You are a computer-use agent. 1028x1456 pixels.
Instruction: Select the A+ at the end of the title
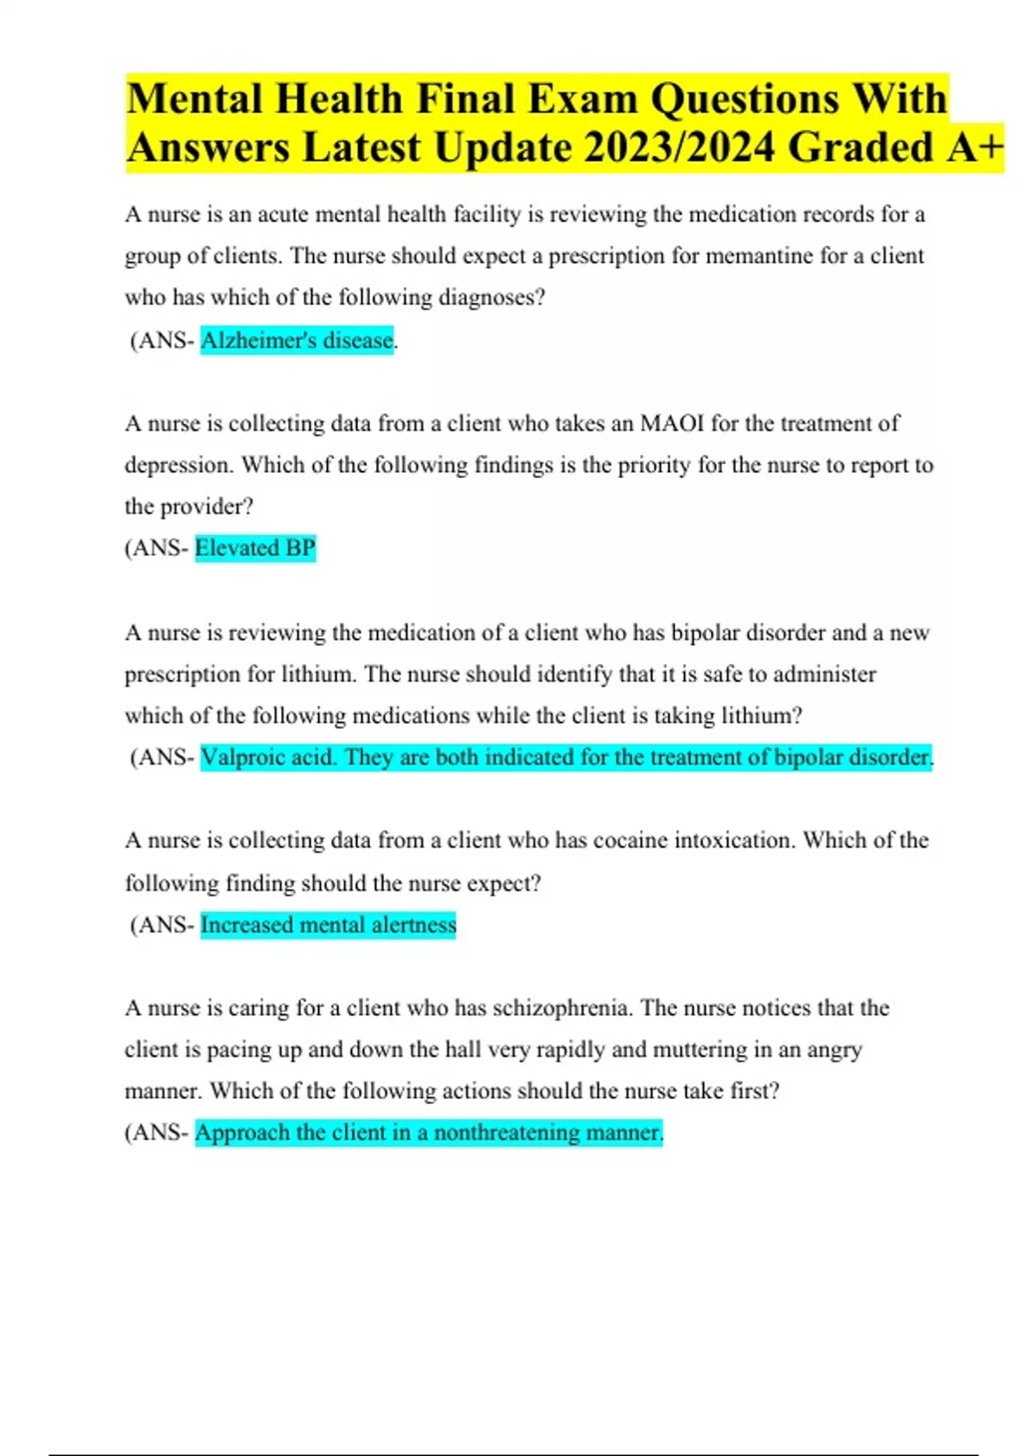pyautogui.click(x=976, y=146)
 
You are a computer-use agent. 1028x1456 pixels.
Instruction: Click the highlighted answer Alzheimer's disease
pyautogui.click(x=296, y=340)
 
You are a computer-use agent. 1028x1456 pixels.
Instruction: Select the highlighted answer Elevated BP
pyautogui.click(x=255, y=548)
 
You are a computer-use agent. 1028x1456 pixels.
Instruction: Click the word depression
pyautogui.click(x=178, y=465)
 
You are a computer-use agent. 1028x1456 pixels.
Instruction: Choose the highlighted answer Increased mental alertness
pyautogui.click(x=328, y=925)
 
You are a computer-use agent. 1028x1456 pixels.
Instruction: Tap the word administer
pyautogui.click(x=824, y=674)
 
